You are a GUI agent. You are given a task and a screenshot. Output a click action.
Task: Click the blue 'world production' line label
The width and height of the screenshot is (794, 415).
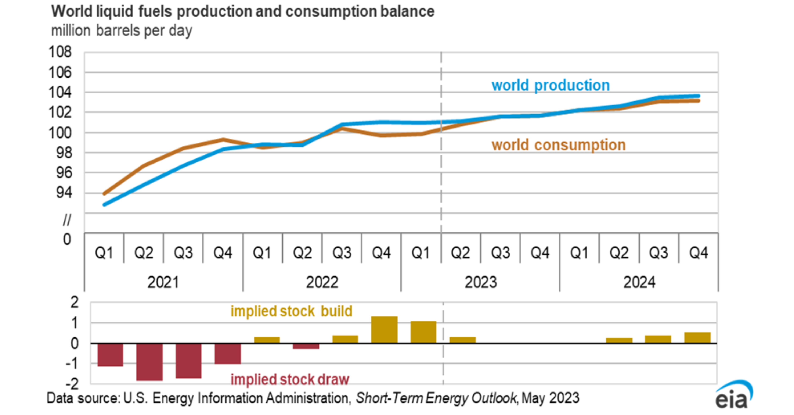[x=551, y=85]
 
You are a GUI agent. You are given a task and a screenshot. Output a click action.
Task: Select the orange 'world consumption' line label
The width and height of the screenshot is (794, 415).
[x=559, y=145]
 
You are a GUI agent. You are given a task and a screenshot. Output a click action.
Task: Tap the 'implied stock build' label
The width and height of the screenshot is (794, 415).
[x=291, y=311]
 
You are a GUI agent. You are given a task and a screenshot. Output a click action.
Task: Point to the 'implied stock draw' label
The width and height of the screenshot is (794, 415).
[x=290, y=379]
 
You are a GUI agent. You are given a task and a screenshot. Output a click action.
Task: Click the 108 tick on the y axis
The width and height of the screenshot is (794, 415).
[x=60, y=52]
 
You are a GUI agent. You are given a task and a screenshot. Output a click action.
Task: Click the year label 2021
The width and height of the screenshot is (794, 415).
[x=163, y=282]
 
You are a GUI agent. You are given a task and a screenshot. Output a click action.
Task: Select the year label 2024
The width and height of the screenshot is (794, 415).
[x=639, y=282]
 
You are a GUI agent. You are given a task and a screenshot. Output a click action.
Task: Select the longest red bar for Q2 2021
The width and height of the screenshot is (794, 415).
[x=149, y=362]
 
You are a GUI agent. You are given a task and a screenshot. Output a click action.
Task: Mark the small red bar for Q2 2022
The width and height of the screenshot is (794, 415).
[x=306, y=346]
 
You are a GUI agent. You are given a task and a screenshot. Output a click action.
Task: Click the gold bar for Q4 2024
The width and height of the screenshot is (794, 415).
[x=697, y=338]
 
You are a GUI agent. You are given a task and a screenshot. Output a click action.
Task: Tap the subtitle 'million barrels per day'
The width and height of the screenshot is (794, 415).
[x=122, y=31]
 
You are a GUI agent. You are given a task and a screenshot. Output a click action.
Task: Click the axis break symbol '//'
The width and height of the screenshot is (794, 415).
[x=67, y=220]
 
